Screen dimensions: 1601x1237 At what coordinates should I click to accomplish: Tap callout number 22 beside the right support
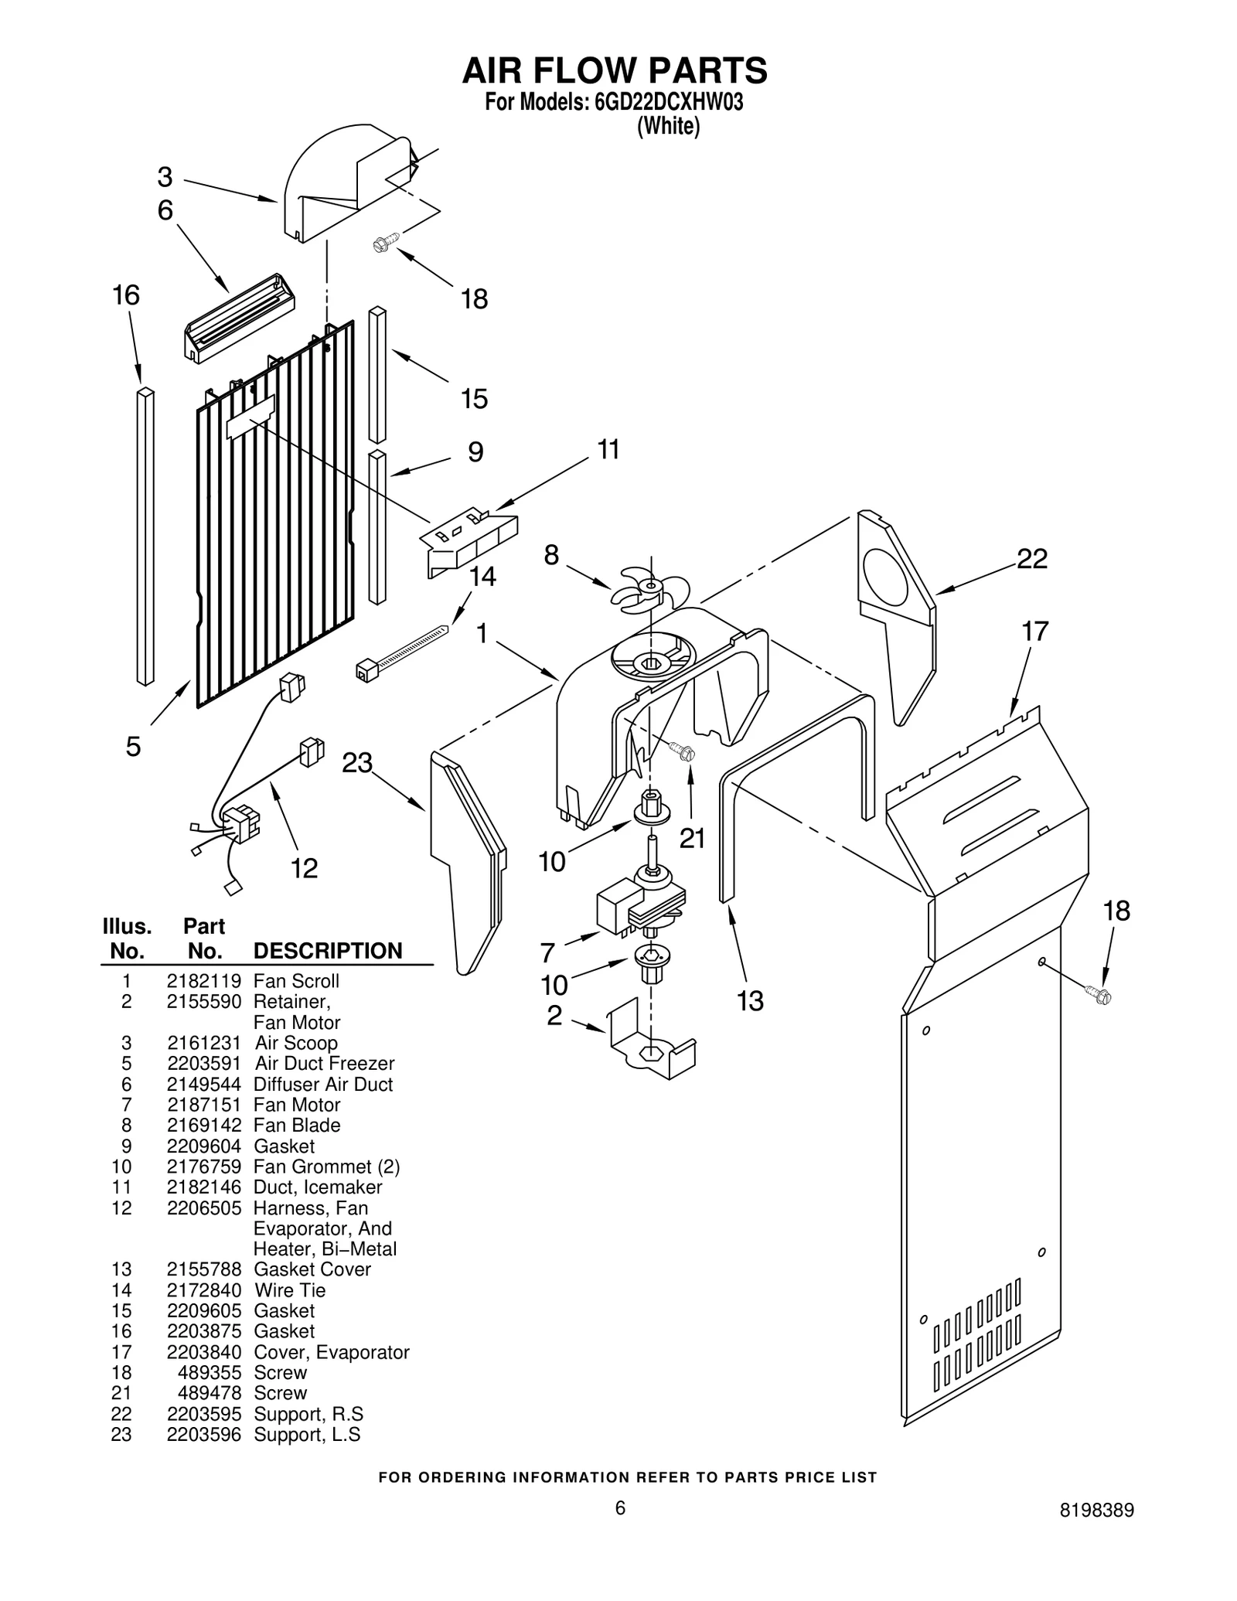click(x=1031, y=558)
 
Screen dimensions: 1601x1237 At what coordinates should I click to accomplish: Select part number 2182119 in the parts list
click(x=203, y=981)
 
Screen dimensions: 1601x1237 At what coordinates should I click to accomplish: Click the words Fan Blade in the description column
click(x=297, y=1126)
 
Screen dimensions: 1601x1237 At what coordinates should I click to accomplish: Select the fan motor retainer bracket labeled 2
click(x=652, y=1040)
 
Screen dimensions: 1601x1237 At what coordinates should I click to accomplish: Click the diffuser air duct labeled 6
click(x=239, y=318)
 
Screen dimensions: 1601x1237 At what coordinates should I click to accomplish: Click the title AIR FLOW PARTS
click(x=615, y=70)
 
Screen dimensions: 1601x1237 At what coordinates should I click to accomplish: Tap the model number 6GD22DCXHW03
click(x=669, y=103)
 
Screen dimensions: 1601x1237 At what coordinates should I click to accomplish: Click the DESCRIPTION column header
click(x=328, y=951)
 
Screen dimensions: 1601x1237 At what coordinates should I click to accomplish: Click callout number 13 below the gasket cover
click(x=749, y=1001)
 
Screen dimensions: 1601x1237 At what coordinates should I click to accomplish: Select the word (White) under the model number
click(x=668, y=126)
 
